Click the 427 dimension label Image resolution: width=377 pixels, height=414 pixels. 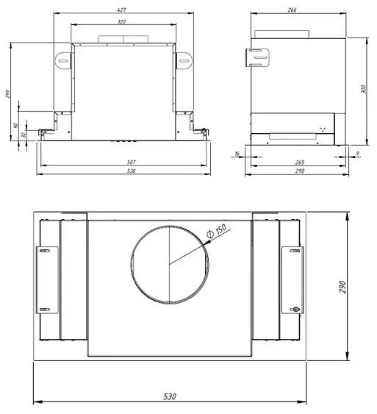point(121,10)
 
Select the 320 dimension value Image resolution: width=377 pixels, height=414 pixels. point(121,21)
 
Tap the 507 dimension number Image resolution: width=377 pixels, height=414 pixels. point(131,162)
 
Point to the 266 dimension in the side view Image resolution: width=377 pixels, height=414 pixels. point(292,10)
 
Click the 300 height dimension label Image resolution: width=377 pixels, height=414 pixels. point(363,89)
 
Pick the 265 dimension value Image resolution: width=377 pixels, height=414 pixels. point(300,162)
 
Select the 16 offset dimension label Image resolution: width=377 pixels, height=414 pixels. point(237,154)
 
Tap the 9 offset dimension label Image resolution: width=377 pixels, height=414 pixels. point(357,153)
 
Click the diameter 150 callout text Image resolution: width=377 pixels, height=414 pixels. point(217,231)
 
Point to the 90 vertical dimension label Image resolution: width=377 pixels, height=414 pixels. point(15,125)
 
